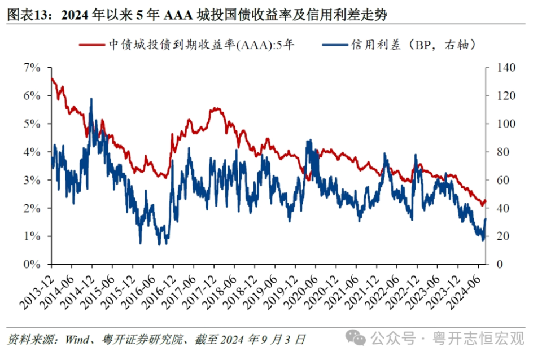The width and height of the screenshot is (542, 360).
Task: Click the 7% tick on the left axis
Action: point(33,68)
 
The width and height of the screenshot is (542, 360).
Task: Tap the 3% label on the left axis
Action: point(33,180)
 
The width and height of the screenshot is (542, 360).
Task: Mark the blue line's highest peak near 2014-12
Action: point(91,99)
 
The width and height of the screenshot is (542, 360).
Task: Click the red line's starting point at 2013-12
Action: point(51,78)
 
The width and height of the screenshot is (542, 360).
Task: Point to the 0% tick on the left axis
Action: point(33,264)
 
